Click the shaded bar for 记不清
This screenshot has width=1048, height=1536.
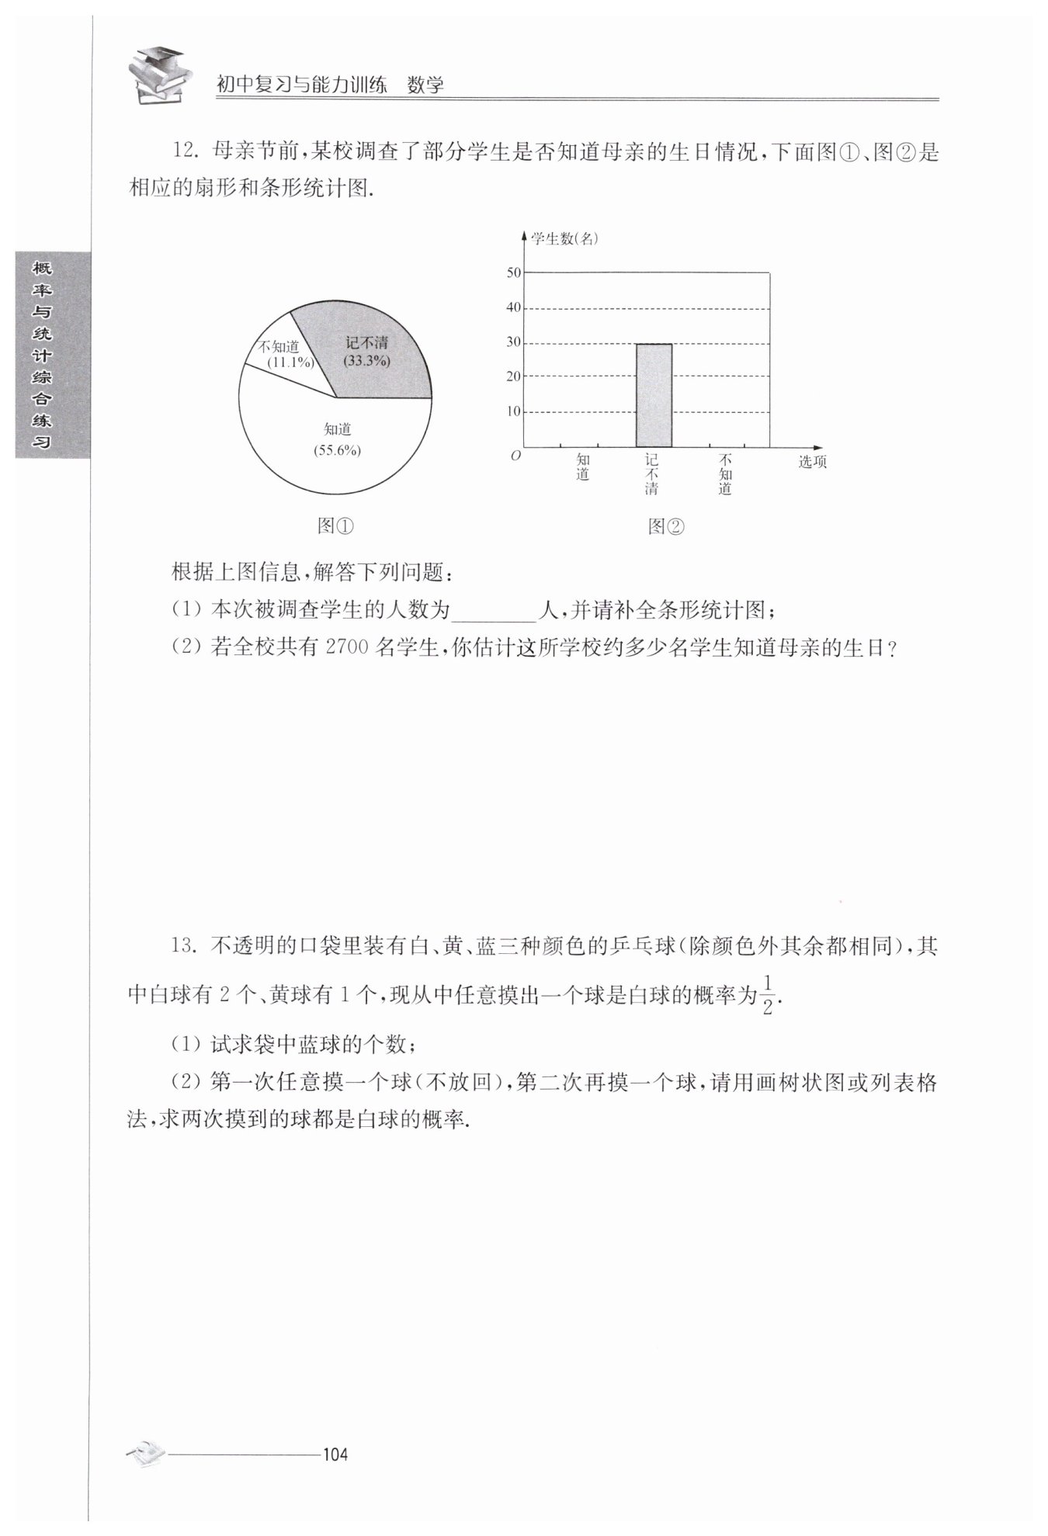654,395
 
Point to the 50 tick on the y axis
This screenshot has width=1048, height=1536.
514,272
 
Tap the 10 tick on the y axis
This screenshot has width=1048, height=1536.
514,411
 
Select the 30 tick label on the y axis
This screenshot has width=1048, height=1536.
514,342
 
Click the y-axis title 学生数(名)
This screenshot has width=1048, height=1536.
564,239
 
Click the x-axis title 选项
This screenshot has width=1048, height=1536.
813,462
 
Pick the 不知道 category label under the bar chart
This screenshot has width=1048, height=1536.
725,474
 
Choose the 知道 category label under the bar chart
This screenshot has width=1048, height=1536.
583,466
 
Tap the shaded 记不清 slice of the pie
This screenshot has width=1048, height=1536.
373,349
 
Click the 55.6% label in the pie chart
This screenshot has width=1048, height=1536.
338,450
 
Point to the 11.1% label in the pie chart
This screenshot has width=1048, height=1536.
290,362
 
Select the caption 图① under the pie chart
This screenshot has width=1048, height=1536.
336,526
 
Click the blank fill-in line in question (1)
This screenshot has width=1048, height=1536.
494,612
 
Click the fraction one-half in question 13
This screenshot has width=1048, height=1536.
767,994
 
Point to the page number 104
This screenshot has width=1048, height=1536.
335,1454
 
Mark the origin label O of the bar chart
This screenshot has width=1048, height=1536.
515,456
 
